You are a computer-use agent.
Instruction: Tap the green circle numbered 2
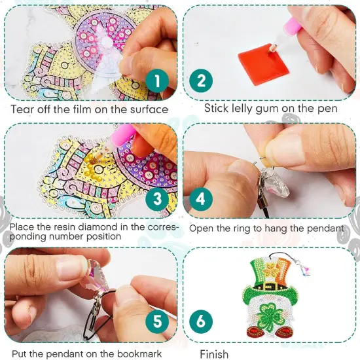201,81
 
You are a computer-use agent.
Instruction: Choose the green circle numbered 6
201,321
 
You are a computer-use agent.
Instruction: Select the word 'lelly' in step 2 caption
247,108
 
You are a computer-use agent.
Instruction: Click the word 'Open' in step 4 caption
200,228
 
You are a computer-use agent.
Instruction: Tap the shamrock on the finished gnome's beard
272,312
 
